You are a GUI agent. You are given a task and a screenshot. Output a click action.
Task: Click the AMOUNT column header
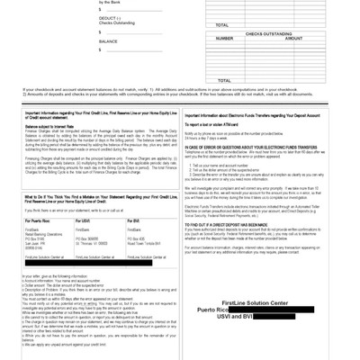(293, 39)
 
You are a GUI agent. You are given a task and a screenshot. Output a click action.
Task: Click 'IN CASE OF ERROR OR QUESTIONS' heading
(247, 146)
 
